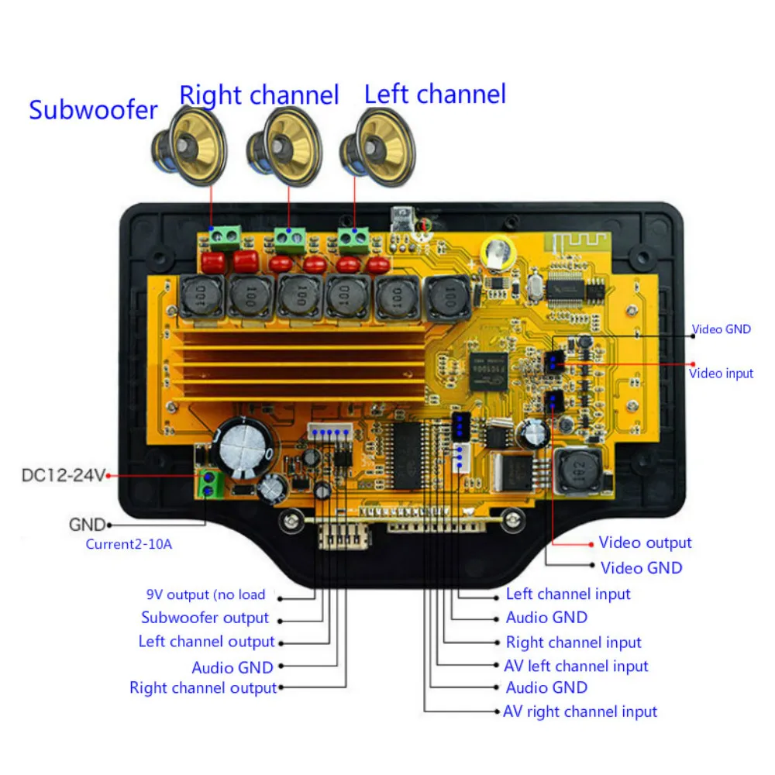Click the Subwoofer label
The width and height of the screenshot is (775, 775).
pyautogui.click(x=93, y=109)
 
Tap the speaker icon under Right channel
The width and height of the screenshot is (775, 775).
pyautogui.click(x=283, y=146)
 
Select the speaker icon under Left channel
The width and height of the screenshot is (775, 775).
pyautogui.click(x=377, y=145)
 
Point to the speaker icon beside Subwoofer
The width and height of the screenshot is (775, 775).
pyautogui.click(x=189, y=146)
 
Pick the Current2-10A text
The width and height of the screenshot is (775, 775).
pyautogui.click(x=129, y=544)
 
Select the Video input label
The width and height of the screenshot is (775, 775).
pyautogui.click(x=721, y=374)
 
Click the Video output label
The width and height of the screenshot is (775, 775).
pyautogui.click(x=645, y=542)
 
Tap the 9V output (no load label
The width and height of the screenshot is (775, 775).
pyautogui.click(x=206, y=595)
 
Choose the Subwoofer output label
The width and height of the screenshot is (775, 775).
pyautogui.click(x=205, y=618)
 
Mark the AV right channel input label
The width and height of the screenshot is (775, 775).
pyautogui.click(x=580, y=711)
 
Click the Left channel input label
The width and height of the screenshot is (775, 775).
pyautogui.click(x=568, y=594)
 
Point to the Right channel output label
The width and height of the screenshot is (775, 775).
pyautogui.click(x=202, y=687)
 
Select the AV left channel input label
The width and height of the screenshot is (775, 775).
pyautogui.click(x=576, y=666)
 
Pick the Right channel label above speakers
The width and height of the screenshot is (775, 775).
pyautogui.click(x=259, y=95)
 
